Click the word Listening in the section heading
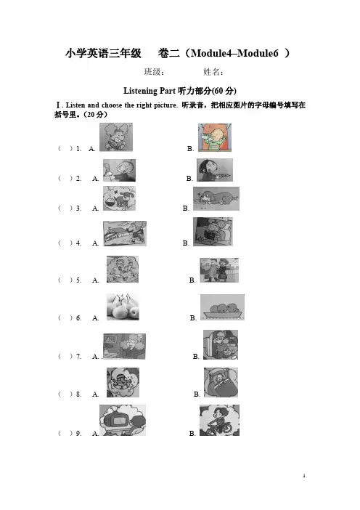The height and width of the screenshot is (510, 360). pos(140,91)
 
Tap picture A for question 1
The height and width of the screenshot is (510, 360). pos(116,137)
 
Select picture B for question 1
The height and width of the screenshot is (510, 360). pos(215,137)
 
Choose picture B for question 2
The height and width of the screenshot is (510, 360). pos(215,170)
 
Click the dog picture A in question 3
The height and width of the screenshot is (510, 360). pos(119,198)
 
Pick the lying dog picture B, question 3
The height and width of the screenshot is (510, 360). pos(216,199)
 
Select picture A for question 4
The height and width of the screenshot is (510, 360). pos(125,233)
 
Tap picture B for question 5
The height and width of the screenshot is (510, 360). pos(219,270)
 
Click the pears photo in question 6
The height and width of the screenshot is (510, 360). pos(123,307)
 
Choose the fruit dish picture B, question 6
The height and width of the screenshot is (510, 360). pos(222,307)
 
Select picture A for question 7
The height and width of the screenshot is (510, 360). pos(124,347)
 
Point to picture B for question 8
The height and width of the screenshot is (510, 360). pos(221,382)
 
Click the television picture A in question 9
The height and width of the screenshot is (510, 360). pos(123,420)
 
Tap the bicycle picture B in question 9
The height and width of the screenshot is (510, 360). pos(219,420)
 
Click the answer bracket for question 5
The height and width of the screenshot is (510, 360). pos(65,280)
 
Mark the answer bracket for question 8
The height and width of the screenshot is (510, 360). pos(65,394)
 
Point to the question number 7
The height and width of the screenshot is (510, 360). pos(79,357)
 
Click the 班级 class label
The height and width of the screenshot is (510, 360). pos(154,72)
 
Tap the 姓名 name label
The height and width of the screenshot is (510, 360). pos(213,72)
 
